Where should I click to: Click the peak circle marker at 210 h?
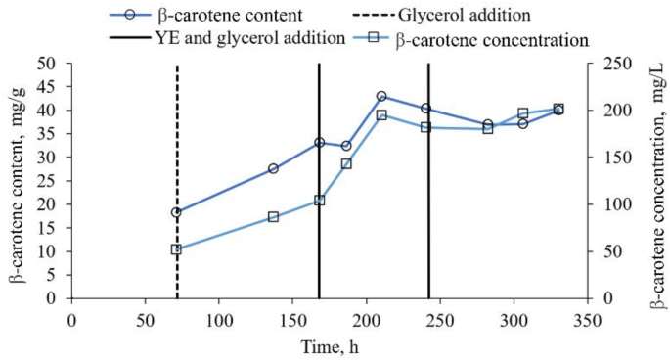pos(381,96)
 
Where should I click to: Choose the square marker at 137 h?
pos(273,217)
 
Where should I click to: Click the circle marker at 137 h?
pos(273,168)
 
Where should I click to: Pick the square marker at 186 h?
pos(346,163)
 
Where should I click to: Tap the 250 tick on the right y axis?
pos(613,63)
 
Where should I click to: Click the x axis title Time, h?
pos(328,345)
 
